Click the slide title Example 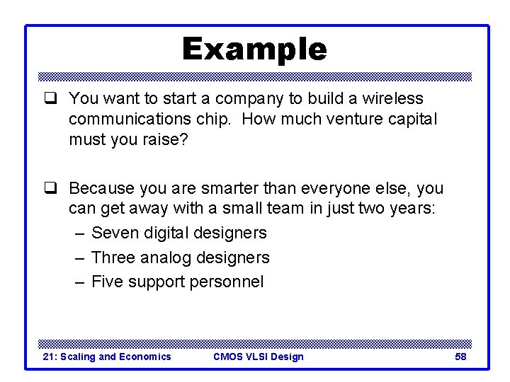click(254, 50)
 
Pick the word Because click(101, 189)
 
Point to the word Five click(108, 282)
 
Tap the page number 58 click(460, 357)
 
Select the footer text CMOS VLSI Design click(258, 357)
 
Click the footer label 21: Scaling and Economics click(107, 357)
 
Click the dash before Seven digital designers click(80, 233)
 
